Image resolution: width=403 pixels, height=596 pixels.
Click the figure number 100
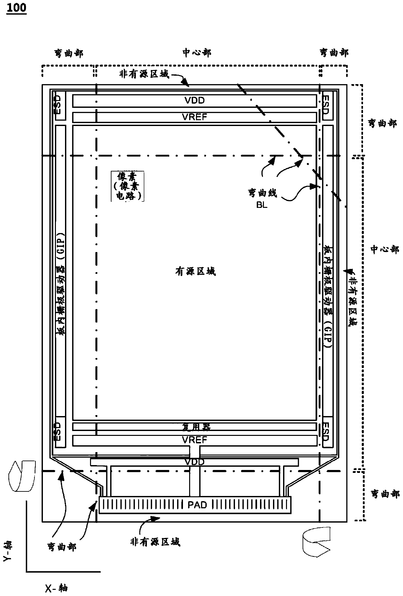click(x=16, y=7)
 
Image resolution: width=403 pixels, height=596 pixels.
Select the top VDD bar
click(x=194, y=101)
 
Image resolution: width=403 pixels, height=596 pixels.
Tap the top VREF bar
click(x=194, y=117)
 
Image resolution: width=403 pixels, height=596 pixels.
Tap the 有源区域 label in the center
click(x=195, y=271)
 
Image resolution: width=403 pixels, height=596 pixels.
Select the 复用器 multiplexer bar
click(x=194, y=426)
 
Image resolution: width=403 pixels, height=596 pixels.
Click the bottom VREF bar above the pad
click(x=194, y=440)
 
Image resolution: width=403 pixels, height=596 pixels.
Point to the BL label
click(x=262, y=205)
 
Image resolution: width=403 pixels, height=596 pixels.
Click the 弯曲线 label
click(x=262, y=193)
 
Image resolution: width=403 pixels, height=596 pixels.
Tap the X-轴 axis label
click(x=56, y=588)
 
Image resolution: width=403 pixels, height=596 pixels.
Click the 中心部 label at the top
click(x=197, y=53)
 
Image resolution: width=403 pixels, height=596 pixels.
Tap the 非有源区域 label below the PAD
click(x=155, y=542)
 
